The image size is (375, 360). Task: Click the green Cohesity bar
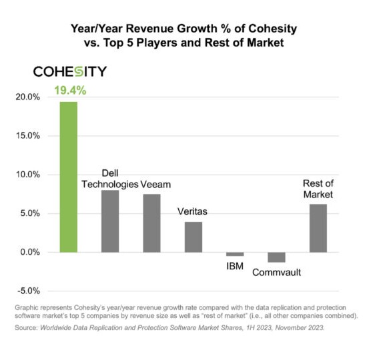69,177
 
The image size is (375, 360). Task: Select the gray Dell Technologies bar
110,221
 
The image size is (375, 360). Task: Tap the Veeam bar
152,223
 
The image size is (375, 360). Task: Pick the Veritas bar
194,237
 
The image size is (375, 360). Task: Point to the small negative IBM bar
235,254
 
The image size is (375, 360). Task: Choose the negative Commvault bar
277,257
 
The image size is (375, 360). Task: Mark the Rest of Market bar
318,228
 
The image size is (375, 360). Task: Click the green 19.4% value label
70,91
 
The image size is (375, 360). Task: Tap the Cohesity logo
70,71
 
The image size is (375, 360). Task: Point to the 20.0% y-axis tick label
28,97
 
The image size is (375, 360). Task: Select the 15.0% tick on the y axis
28,136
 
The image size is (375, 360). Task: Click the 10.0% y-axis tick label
28,175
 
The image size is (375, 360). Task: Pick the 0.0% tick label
30,252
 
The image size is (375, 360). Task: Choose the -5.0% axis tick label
29,291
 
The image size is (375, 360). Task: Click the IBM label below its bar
235,266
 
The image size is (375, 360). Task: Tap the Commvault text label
277,273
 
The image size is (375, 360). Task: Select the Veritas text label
192,211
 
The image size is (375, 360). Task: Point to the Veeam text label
155,185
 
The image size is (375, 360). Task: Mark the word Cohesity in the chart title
273,29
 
